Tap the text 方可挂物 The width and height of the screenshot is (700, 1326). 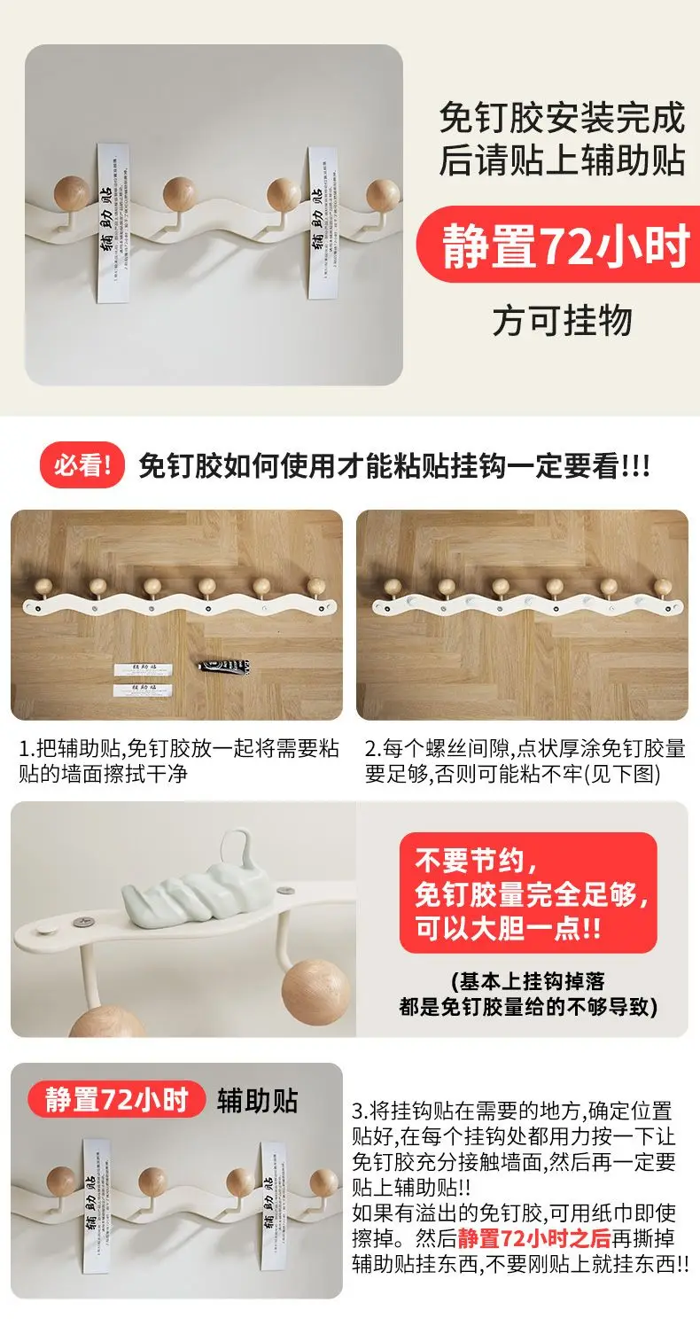(x=563, y=321)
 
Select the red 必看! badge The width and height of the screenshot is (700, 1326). (x=82, y=466)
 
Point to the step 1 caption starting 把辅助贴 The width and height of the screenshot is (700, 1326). (x=177, y=760)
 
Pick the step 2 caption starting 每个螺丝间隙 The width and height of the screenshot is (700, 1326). (x=525, y=760)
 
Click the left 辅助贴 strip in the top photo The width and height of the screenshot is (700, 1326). (x=111, y=227)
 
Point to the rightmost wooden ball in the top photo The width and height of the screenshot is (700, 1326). (x=384, y=194)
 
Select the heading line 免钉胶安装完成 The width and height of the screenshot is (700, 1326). (x=563, y=119)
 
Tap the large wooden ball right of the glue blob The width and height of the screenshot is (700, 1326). (x=317, y=991)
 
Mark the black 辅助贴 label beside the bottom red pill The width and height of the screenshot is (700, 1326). (x=258, y=1100)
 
